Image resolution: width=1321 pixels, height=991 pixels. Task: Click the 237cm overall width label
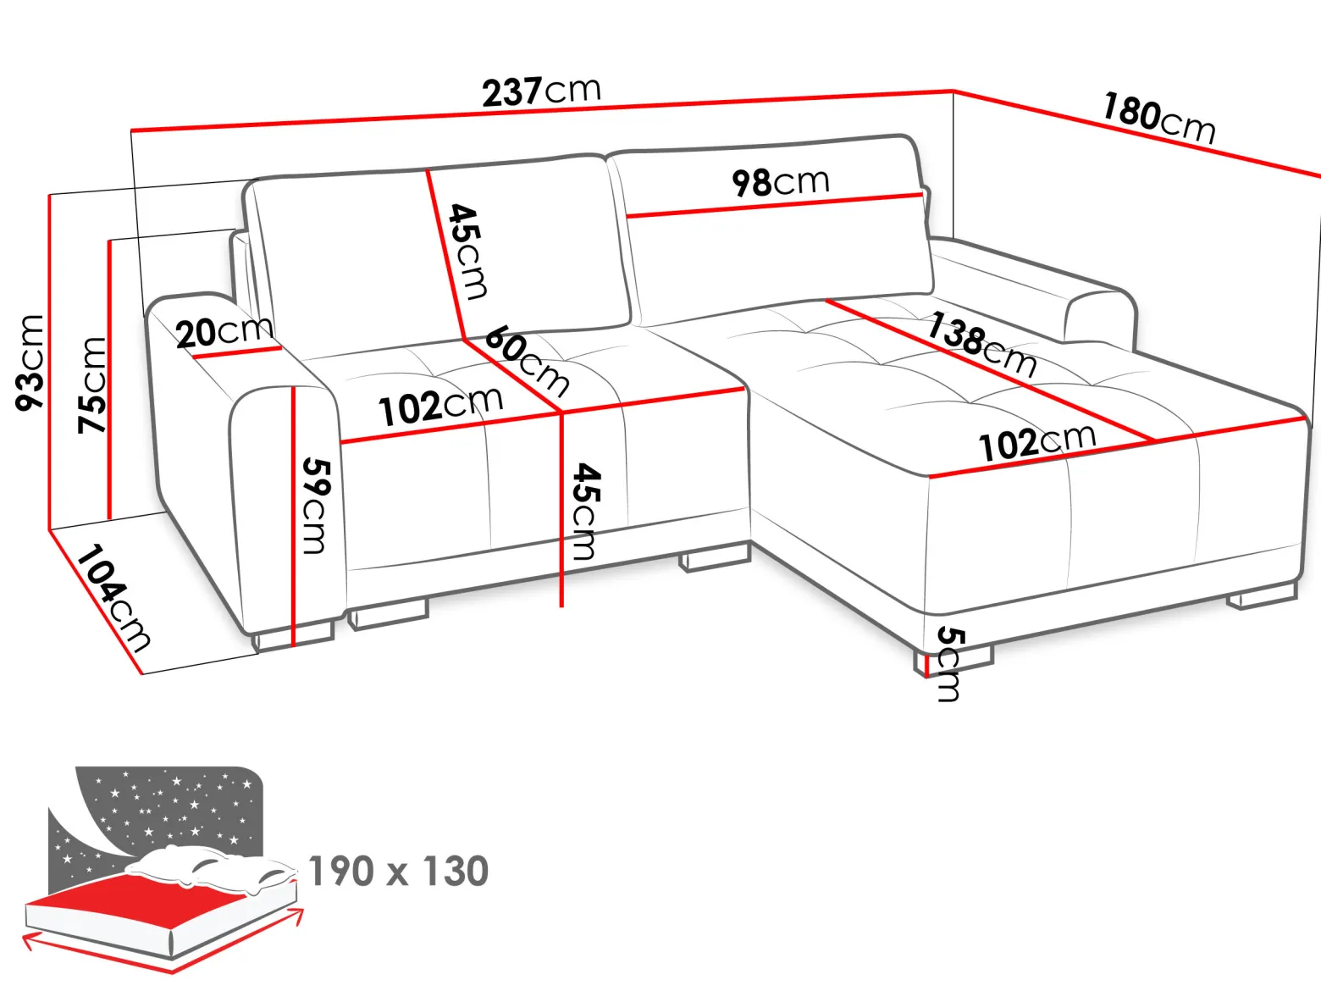click(x=541, y=91)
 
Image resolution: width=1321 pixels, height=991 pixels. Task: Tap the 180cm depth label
click(x=1158, y=119)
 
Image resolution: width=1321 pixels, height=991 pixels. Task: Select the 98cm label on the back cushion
click(x=781, y=182)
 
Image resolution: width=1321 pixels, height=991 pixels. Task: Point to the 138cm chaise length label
click(x=981, y=344)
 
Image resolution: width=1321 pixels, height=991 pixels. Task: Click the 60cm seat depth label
click(x=527, y=361)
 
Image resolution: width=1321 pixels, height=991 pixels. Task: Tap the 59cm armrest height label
click(x=315, y=506)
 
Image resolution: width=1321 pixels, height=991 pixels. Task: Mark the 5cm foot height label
click(x=950, y=664)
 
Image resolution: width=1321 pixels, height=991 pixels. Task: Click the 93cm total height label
click(x=30, y=363)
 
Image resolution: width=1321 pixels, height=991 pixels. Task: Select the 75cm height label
click(x=92, y=385)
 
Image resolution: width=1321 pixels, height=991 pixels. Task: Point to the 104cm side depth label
click(x=113, y=599)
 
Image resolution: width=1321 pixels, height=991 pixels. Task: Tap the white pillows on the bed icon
click(x=211, y=867)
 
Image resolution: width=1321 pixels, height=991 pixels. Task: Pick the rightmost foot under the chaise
click(x=1262, y=595)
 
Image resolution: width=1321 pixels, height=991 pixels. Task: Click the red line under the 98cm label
click(x=775, y=205)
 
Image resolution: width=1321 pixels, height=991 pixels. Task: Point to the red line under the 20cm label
click(x=236, y=352)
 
